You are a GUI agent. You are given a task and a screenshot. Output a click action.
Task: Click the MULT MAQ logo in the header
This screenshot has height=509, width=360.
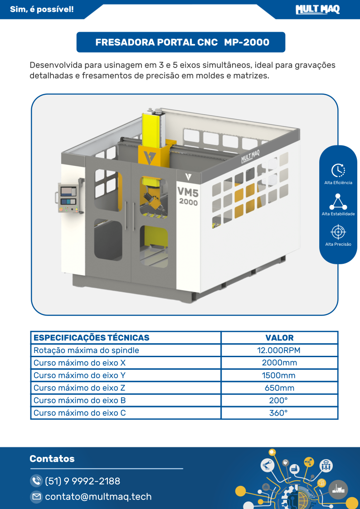(x=317, y=10)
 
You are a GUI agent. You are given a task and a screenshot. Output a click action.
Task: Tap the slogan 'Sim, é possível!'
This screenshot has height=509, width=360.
(x=42, y=10)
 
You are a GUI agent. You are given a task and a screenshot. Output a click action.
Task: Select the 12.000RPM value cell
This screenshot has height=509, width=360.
(x=279, y=350)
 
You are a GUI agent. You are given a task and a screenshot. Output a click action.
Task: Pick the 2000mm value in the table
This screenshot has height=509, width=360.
(x=279, y=363)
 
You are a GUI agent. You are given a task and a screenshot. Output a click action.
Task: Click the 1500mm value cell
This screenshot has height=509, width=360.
(x=279, y=375)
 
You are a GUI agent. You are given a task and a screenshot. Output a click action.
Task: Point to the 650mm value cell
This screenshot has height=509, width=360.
(x=279, y=388)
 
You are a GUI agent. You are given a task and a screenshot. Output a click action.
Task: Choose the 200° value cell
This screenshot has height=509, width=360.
(x=279, y=400)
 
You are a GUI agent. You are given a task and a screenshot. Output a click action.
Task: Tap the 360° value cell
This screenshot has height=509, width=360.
(x=279, y=413)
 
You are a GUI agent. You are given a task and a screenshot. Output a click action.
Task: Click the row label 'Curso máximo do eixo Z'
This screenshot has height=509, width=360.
(x=79, y=388)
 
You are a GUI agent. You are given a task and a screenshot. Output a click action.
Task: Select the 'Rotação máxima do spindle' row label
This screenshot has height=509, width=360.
(x=86, y=350)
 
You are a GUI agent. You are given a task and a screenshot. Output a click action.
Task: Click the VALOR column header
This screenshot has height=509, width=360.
(x=279, y=338)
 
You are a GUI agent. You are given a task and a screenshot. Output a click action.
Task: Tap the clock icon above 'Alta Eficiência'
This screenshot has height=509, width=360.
(x=338, y=170)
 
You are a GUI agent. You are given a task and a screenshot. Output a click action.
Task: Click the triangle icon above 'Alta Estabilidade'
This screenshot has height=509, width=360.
(x=338, y=201)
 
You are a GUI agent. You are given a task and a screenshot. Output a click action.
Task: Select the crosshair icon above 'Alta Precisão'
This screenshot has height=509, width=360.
(x=338, y=232)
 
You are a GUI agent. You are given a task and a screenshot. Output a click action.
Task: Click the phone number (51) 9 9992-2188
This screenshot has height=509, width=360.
(x=83, y=481)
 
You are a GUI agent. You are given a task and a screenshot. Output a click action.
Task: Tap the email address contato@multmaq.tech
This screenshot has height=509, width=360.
(x=98, y=497)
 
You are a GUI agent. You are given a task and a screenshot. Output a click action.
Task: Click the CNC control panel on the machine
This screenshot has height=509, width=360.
(x=68, y=198)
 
